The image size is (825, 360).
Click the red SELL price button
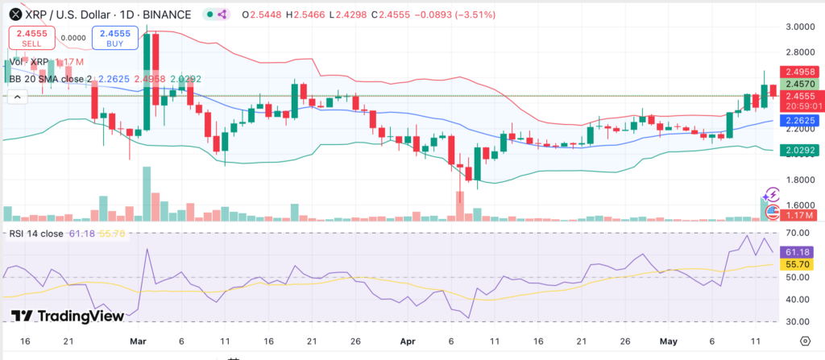[x=31, y=38]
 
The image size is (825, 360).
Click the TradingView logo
[x=68, y=317]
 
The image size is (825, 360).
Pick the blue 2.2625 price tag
[x=803, y=121]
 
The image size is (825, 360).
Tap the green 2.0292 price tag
[x=803, y=150]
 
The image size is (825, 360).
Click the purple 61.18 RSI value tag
[x=803, y=250]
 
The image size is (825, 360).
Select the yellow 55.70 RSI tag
[x=803, y=263]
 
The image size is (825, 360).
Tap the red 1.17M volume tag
[x=803, y=215]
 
